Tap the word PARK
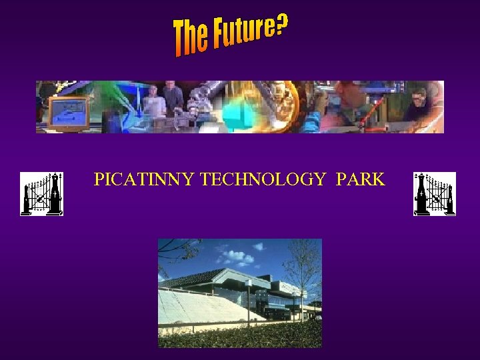(361, 179)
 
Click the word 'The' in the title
(190, 37)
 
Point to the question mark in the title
(282, 26)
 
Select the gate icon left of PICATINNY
(41, 193)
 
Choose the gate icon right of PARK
(435, 193)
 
